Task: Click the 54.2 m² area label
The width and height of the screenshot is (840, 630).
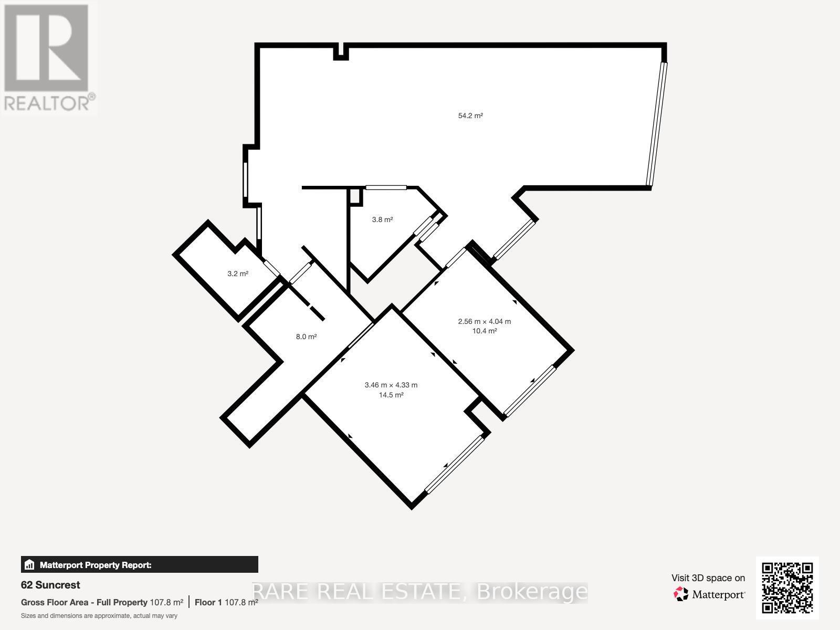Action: coord(470,115)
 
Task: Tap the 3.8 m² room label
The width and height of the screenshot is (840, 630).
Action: coord(382,219)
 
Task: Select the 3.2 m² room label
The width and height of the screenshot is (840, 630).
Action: coord(238,274)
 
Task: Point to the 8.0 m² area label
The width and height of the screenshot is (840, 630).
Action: coord(306,337)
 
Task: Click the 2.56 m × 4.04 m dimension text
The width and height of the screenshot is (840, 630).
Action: coord(484,321)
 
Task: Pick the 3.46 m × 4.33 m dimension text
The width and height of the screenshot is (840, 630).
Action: coord(391,385)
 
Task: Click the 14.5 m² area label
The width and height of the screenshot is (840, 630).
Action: coord(391,395)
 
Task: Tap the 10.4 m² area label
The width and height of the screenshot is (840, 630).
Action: coord(484,331)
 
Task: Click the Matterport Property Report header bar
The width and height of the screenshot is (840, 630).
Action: coord(139,565)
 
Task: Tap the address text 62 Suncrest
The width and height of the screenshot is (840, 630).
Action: coord(50,585)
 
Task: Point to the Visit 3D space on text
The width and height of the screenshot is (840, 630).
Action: coord(708,578)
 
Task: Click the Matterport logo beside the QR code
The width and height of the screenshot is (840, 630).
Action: coord(710,594)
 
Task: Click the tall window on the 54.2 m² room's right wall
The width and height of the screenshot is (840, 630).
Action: coord(657,125)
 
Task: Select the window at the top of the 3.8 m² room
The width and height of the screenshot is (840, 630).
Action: coord(386,187)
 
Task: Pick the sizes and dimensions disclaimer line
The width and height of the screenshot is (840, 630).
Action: coord(99,616)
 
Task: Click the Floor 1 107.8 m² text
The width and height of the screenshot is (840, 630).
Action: coord(226,602)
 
